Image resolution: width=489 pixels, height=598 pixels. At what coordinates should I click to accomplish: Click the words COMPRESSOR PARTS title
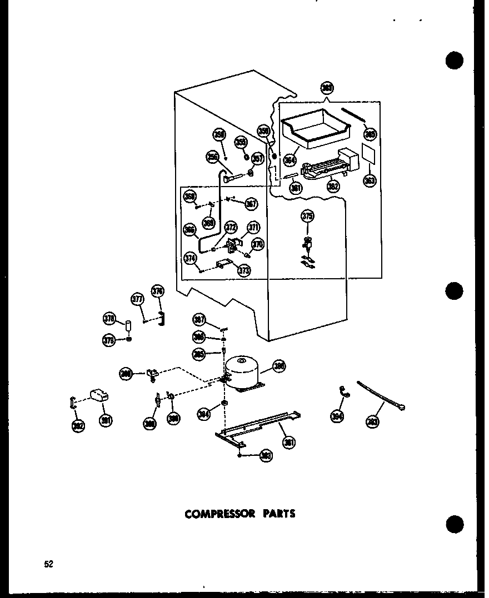pyautogui.click(x=239, y=514)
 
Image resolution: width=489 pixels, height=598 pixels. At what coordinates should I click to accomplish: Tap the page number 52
pyautogui.click(x=49, y=565)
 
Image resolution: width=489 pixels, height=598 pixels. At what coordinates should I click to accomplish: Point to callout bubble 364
pyautogui.click(x=289, y=160)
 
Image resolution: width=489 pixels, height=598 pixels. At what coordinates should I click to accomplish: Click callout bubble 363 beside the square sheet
pyautogui.click(x=370, y=180)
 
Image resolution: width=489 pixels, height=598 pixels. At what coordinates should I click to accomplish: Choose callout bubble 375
pyautogui.click(x=307, y=216)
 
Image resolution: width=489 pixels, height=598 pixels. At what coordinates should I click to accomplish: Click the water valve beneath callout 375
pyautogui.click(x=307, y=245)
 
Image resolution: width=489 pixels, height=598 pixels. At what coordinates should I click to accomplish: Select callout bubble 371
pyautogui.click(x=254, y=227)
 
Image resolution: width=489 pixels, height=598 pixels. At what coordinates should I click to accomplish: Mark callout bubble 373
pyautogui.click(x=243, y=270)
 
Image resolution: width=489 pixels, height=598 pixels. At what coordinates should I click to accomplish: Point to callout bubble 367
pyautogui.click(x=251, y=204)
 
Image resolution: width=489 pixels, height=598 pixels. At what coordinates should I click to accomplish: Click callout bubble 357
pyautogui.click(x=257, y=159)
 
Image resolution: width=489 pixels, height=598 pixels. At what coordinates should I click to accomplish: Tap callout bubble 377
pyautogui.click(x=137, y=299)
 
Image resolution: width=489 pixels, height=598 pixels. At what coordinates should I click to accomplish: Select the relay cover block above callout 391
pyautogui.click(x=99, y=395)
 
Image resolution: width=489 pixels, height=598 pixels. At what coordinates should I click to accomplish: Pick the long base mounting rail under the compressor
pyautogui.click(x=258, y=428)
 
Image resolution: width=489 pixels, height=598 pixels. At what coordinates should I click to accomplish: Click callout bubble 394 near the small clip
pyautogui.click(x=336, y=416)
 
